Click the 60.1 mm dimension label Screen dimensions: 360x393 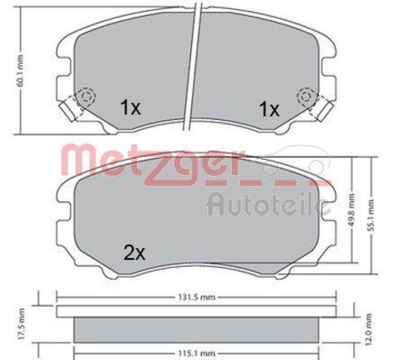click(20, 71)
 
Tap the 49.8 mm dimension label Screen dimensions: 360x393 click(351, 210)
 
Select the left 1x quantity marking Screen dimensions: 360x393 click(131, 108)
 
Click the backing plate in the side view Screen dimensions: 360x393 click(196, 311)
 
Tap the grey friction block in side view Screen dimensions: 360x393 click(196, 329)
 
